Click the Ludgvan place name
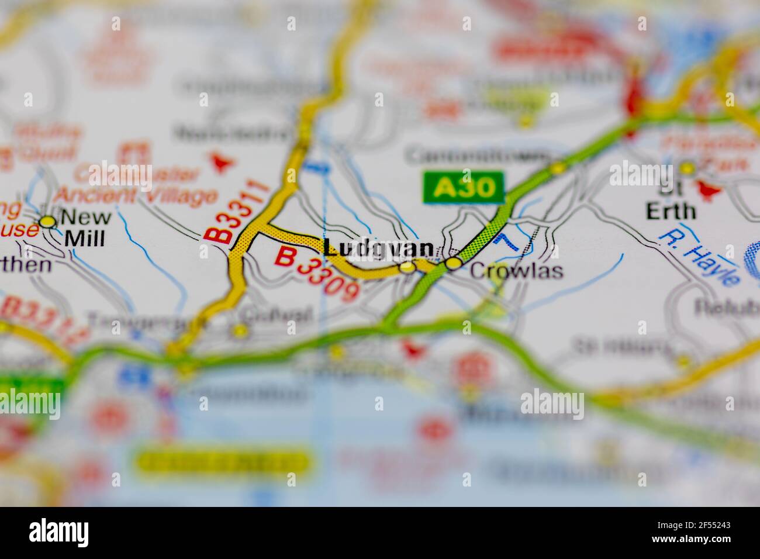(379, 248)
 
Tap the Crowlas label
(516, 271)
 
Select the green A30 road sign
(463, 187)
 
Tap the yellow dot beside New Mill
(47, 221)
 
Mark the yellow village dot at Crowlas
(453, 264)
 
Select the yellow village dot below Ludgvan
(407, 267)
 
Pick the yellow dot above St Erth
(688, 168)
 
